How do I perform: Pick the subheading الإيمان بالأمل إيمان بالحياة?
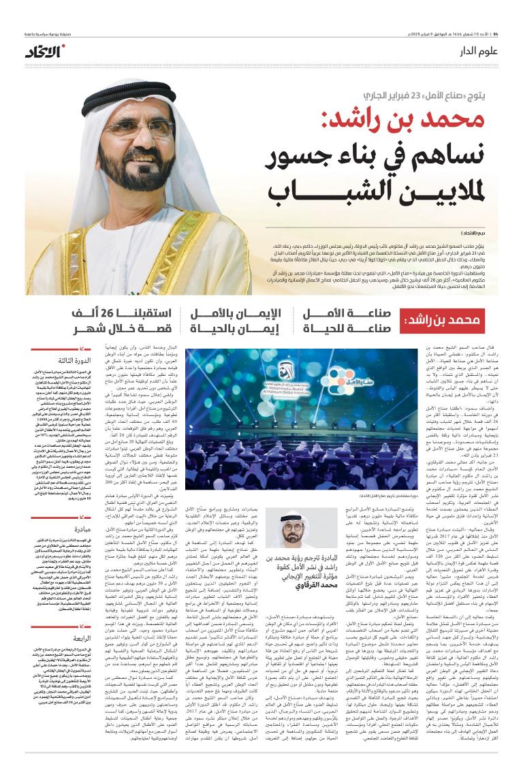pyautogui.click(x=236, y=320)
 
